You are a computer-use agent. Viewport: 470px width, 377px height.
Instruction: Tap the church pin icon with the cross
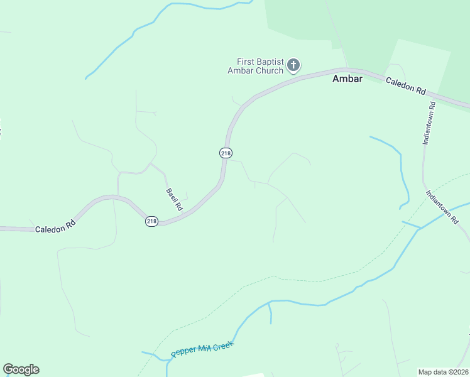293,65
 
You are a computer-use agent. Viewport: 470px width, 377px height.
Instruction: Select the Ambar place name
347,80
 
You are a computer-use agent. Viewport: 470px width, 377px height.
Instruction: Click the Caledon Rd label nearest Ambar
405,85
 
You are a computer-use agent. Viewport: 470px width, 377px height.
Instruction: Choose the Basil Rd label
174,199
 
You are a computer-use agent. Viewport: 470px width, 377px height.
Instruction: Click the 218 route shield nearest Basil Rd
151,221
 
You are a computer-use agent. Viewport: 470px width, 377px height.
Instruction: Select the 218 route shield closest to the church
226,153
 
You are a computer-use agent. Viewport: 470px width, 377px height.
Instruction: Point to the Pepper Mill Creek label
202,349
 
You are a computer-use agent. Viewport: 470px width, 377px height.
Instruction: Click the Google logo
21,369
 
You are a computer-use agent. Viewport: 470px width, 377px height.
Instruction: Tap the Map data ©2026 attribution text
443,372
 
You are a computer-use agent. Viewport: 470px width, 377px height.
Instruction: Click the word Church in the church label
269,70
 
